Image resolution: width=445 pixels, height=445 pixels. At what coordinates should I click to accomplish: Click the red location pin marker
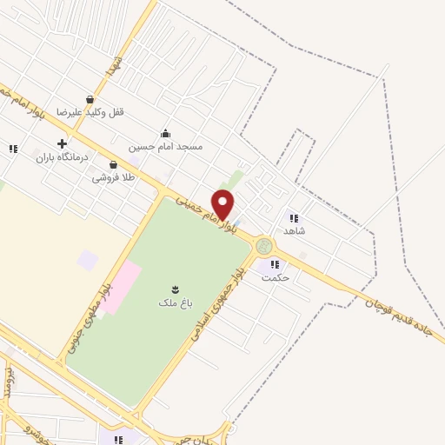pos(223,205)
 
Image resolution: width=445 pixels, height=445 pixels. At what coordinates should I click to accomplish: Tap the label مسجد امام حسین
pos(165,146)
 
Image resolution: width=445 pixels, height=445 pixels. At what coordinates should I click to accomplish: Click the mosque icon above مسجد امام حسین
pos(165,133)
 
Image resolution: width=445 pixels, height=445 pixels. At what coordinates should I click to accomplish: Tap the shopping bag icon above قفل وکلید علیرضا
pos(90,99)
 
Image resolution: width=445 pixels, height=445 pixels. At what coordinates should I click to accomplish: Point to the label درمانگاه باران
pos(62,157)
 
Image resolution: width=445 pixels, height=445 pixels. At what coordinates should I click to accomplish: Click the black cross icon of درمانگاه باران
pos(62,143)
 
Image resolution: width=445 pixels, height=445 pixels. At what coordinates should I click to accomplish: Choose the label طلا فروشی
pos(114,177)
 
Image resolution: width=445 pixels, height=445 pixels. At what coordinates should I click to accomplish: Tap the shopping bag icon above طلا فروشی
pos(114,164)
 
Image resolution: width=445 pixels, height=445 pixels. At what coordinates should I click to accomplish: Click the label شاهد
pos(295,230)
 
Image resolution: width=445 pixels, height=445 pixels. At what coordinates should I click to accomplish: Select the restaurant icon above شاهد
pos(294,217)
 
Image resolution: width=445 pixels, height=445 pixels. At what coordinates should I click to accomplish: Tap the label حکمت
pos(276,277)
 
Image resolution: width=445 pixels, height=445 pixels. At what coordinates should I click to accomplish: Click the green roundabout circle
pos(264,247)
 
